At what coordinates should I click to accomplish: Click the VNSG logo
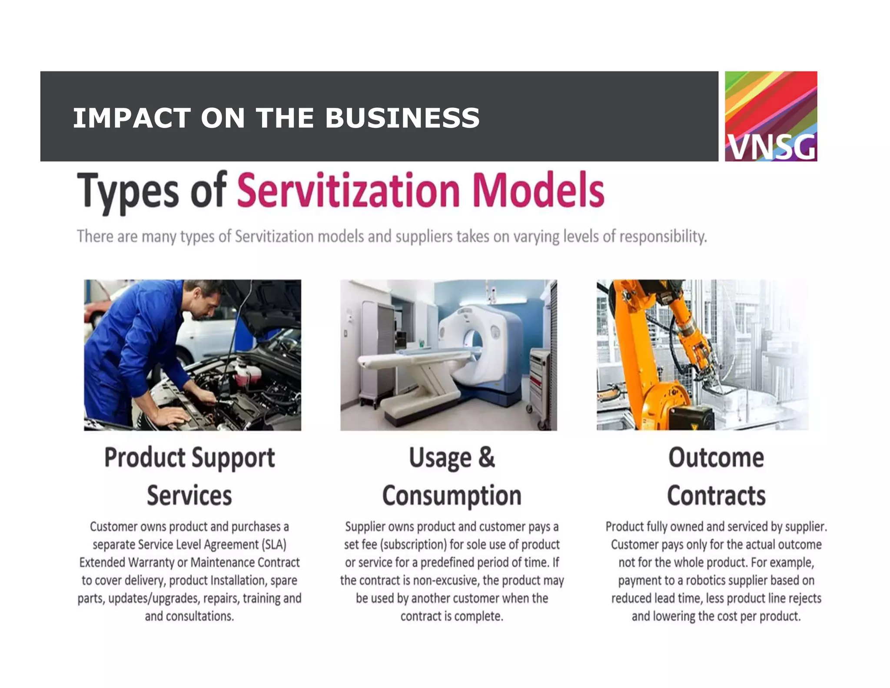point(770,116)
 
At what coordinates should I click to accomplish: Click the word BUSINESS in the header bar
point(402,118)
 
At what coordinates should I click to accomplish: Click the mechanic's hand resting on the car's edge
point(172,417)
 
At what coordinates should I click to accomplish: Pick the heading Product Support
point(189,458)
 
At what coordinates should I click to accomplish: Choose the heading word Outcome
point(716,458)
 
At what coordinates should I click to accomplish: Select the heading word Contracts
point(716,495)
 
